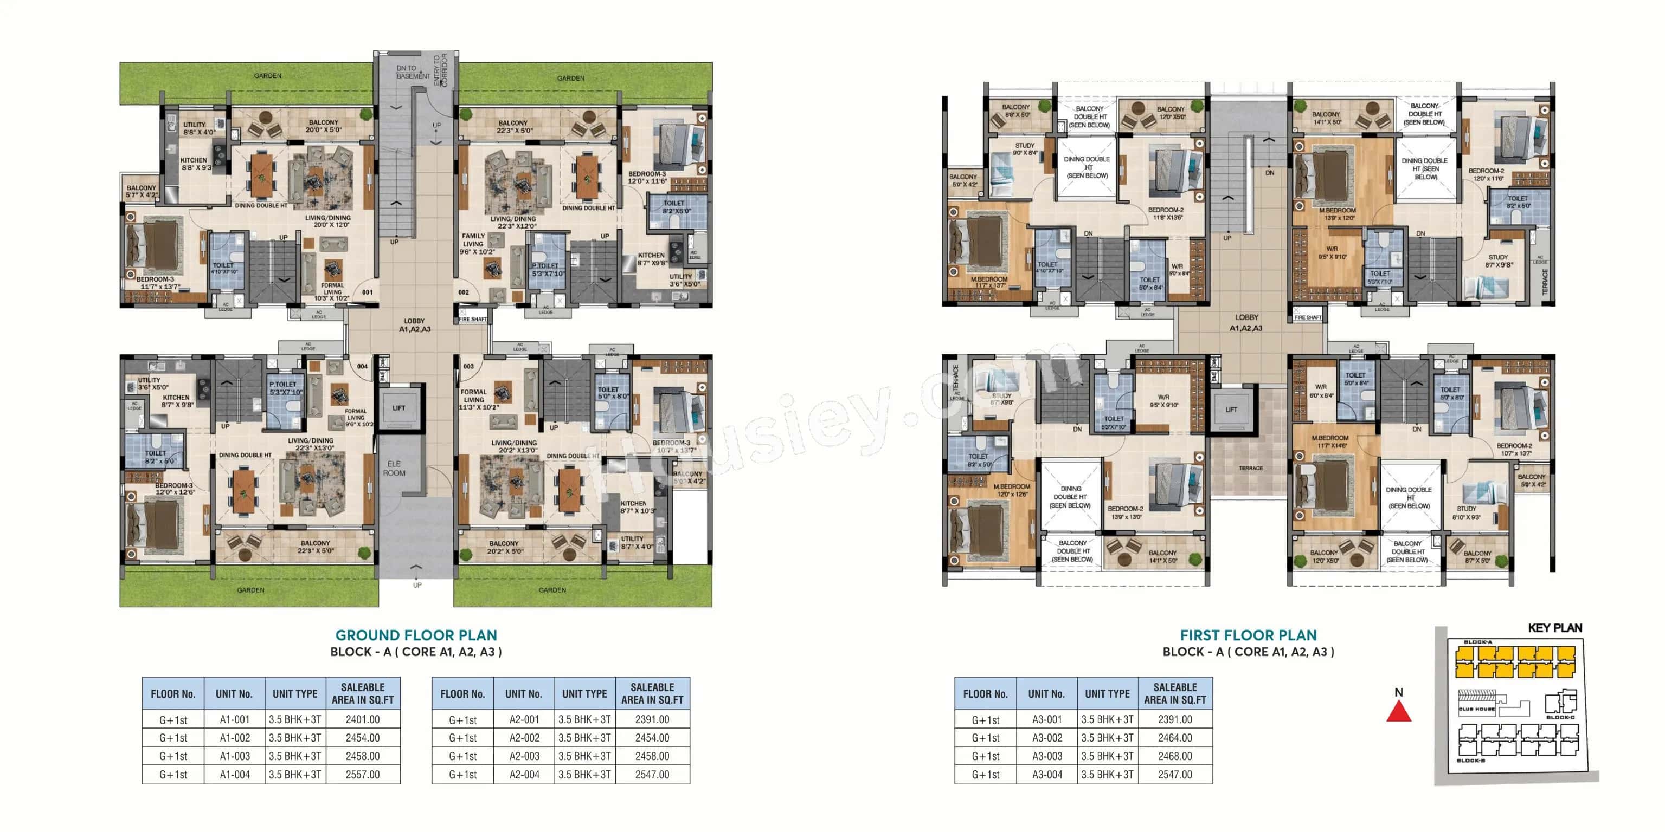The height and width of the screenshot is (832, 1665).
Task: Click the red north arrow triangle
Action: [x=1398, y=712]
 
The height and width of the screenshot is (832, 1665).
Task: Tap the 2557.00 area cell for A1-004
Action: [x=363, y=775]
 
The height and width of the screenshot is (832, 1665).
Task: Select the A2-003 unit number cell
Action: [x=524, y=756]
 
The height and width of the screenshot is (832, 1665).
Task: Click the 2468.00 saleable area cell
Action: [x=1174, y=756]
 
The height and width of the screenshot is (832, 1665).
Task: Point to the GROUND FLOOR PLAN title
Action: [x=416, y=635]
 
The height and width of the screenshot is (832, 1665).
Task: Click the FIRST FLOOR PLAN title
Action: [x=1248, y=635]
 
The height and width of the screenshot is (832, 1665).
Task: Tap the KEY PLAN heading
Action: [x=1554, y=628]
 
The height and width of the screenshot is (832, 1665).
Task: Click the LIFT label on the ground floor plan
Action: [x=399, y=408]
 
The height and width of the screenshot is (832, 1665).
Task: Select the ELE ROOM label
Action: [x=394, y=469]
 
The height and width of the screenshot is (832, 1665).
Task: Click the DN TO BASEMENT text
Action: [x=413, y=71]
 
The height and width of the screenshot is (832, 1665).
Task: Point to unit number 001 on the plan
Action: [x=367, y=292]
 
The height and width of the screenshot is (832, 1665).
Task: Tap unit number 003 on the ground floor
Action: [x=468, y=366]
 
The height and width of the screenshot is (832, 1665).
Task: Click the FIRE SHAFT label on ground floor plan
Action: [x=472, y=320]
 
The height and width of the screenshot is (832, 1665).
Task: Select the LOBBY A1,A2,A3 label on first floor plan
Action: [x=1246, y=322]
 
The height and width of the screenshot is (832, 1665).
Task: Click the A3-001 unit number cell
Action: [x=1046, y=719]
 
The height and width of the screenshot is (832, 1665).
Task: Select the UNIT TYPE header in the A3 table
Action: [x=1107, y=694]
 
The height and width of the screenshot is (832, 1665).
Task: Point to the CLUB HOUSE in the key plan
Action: [x=1476, y=708]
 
